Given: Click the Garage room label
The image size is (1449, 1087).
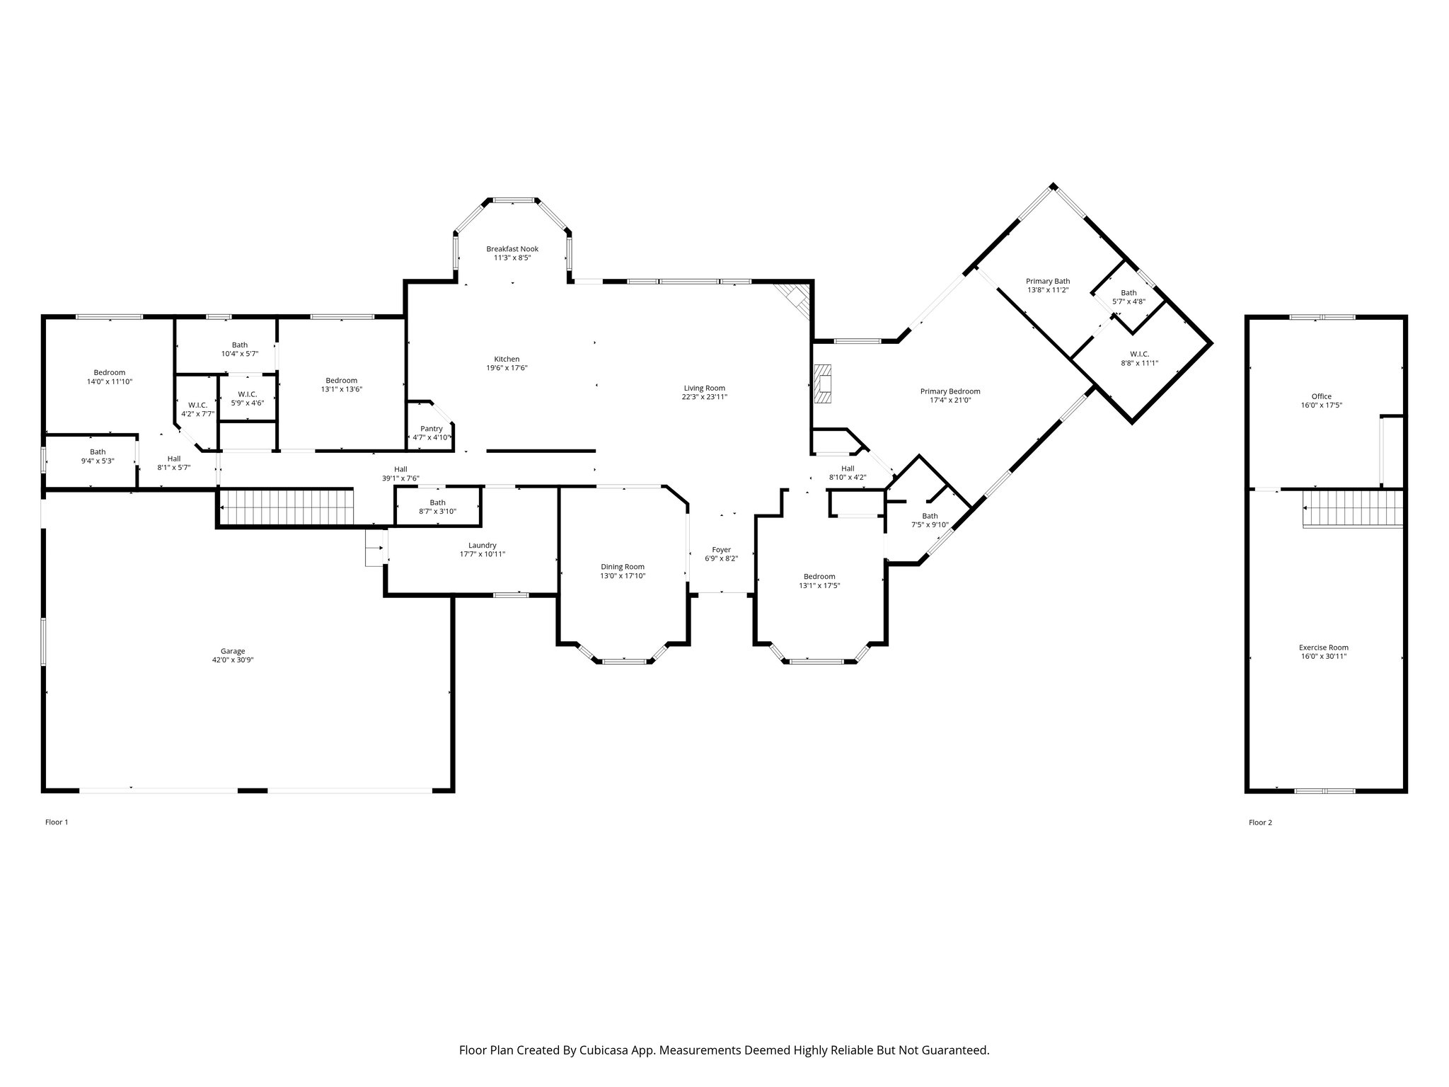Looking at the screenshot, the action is (233, 651).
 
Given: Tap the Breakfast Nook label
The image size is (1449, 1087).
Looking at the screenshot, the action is (512, 249).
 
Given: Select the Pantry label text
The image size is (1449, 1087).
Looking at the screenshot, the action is (432, 429).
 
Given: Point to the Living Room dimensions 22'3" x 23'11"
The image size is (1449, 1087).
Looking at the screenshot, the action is (704, 397).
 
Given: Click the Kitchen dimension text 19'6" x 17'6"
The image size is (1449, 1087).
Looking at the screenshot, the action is (507, 368).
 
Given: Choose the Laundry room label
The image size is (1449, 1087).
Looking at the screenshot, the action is (483, 546).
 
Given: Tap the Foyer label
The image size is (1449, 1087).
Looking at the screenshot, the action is (721, 550).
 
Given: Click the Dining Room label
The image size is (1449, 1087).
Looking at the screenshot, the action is (623, 567).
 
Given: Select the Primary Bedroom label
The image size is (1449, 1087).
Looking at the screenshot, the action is (950, 391).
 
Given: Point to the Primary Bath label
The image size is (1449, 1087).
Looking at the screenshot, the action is (1048, 281).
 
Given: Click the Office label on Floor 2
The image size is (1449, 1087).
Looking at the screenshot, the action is (1321, 396).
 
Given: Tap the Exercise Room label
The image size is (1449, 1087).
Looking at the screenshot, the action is (1324, 648).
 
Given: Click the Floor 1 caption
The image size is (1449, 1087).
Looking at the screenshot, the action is (57, 822).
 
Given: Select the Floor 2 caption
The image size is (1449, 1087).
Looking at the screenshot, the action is (1260, 822).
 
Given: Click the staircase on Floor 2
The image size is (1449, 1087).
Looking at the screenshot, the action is (1353, 509).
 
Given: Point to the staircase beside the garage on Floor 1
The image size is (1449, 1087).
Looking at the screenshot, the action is (286, 507).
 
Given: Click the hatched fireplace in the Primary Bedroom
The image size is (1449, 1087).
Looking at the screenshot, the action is (823, 384).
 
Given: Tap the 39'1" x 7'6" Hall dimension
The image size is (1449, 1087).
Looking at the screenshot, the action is (401, 478).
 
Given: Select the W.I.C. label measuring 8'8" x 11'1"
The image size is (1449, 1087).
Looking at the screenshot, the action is (1139, 354).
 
